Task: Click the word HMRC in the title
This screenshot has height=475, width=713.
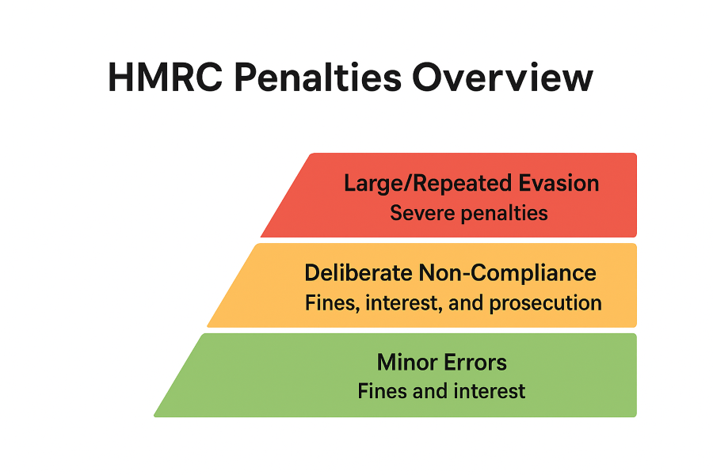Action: point(166,78)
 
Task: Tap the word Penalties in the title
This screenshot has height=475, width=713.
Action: point(318,78)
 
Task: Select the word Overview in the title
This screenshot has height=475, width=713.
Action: point(502,78)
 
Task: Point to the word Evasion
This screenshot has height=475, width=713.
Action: point(559,183)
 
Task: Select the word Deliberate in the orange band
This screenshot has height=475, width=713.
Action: point(358,272)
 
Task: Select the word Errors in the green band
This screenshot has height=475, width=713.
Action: point(475,363)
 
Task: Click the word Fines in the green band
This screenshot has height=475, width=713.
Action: point(382,391)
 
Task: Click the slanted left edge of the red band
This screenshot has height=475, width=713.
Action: point(285,196)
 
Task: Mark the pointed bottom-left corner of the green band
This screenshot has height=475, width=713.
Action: point(154,416)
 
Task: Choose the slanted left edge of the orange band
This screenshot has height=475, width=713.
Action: point(232,286)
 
